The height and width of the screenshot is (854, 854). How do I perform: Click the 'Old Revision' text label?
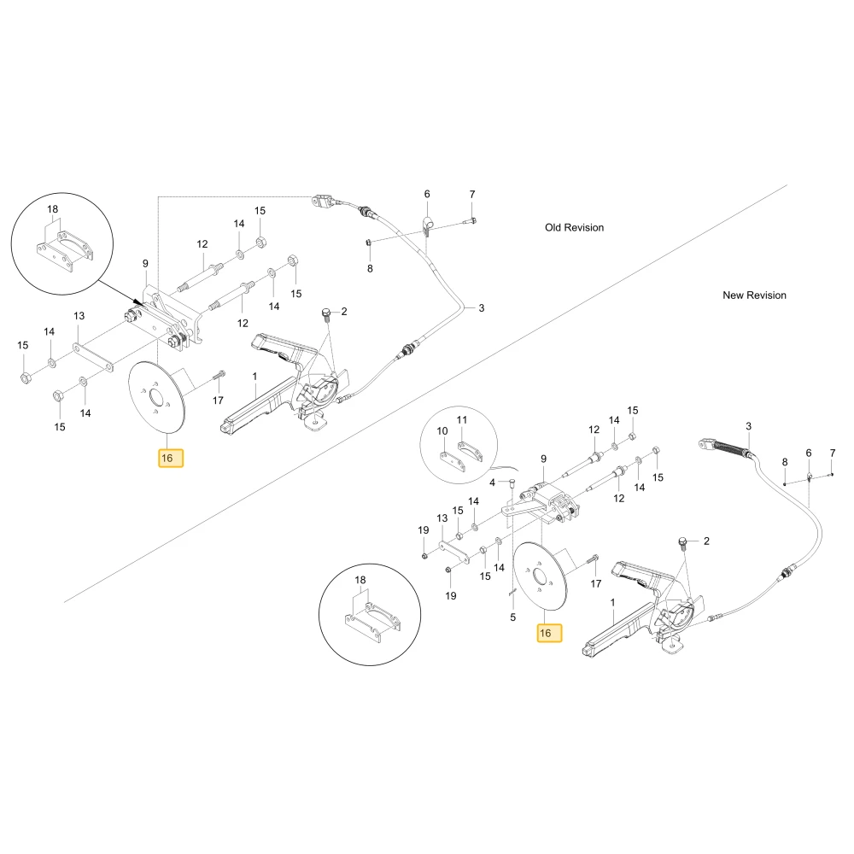(574, 228)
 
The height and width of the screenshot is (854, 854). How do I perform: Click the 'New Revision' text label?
(754, 295)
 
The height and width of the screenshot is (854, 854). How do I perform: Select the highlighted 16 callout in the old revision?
(171, 458)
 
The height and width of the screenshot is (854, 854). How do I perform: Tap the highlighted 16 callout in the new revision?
(549, 633)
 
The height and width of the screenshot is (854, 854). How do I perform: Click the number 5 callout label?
(512, 617)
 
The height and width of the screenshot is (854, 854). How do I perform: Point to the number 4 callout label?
(492, 483)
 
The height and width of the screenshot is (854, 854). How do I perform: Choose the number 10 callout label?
(442, 430)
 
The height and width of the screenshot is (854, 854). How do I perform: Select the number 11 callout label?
(462, 420)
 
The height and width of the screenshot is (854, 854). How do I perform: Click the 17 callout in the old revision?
(218, 401)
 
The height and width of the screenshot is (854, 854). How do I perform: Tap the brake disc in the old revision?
(157, 398)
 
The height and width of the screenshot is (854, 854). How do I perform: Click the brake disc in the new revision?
(541, 576)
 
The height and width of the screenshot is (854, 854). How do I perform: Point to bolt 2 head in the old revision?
(326, 312)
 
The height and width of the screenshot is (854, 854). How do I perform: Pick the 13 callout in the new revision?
(442, 518)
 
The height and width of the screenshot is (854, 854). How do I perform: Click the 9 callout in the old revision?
(145, 264)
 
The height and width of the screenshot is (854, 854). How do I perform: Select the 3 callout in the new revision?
(748, 426)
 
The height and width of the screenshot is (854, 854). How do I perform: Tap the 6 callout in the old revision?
(427, 194)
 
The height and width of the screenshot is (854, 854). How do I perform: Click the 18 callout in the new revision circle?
(360, 580)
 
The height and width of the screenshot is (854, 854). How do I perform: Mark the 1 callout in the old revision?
(254, 377)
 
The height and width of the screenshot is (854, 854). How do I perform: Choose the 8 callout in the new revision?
(785, 462)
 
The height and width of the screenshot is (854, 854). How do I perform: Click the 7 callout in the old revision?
(472, 194)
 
